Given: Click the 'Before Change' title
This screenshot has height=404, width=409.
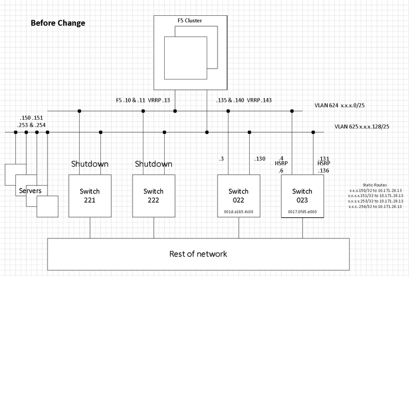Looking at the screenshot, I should pos(58,23).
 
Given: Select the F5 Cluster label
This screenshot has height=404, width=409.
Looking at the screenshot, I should pos(190,20).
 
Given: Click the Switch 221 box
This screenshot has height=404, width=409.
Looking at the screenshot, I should pos(90,195).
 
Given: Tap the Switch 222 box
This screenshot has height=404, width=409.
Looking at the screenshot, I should pos(153,195).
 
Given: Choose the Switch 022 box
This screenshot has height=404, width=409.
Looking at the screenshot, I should pos(238,195).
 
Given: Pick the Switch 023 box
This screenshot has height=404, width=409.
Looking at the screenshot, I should pos(302,195).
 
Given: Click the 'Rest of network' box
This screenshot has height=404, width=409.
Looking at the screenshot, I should pos(198,254).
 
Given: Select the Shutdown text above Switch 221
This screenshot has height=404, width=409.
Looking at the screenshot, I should pos(90,164).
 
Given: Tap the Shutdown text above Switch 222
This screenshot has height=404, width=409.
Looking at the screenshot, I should pos(153,164).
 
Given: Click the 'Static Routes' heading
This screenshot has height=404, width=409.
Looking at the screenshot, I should pos(375,185).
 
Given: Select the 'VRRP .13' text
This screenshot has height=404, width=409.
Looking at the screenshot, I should pos(159,100).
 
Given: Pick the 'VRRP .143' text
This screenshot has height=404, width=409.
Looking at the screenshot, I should pos(259,100).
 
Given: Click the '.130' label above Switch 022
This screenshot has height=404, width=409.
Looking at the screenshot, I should pos(259,158).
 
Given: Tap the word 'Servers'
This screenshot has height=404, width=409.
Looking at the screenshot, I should pos(30,191).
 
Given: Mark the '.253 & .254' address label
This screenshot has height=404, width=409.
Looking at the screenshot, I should pos(31,125).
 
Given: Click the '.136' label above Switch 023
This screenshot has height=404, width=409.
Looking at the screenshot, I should pos(323,170).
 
